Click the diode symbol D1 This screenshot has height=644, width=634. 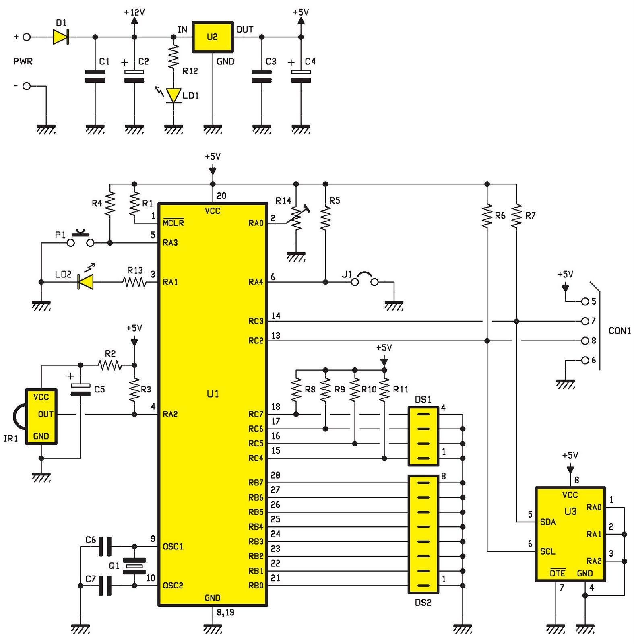coord(61,37)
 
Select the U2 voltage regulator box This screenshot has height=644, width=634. coord(213,37)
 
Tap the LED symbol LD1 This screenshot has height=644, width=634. coord(174,95)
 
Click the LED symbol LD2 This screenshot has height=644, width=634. coord(86,282)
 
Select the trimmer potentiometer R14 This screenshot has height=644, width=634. coord(296,219)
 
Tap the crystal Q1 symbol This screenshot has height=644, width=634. coord(134,566)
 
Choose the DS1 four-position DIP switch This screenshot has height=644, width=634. coord(423,436)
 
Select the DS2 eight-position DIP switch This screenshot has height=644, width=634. coord(423,534)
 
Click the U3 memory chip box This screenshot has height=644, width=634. coord(570,534)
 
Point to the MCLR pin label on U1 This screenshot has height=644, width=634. coord(173,223)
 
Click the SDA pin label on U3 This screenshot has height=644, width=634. coord(548,522)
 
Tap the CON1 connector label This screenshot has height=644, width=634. coord(619,331)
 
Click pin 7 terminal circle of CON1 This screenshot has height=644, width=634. coord(585,321)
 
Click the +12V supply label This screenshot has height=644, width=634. coord(134,12)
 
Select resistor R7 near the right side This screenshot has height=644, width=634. coord(516,216)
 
